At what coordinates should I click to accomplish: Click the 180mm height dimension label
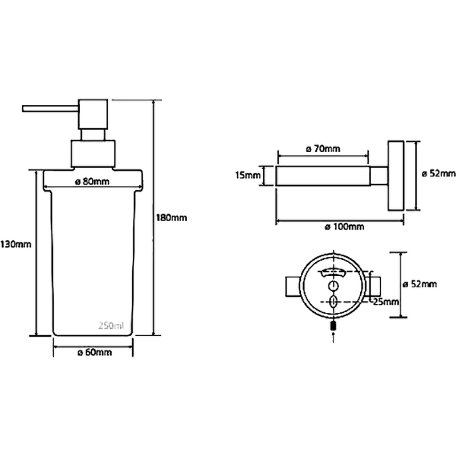pos(172,218)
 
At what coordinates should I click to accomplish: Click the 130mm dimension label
pos(16,244)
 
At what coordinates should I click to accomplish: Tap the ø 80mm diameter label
pos(92,181)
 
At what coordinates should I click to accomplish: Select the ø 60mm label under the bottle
pos(95,352)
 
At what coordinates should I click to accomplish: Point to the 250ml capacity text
pos(111,325)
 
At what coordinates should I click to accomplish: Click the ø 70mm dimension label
pos(323,149)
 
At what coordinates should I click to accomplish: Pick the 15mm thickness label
pos(248,175)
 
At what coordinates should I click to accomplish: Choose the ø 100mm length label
pos(345,226)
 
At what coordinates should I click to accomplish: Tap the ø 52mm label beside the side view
pos(438,174)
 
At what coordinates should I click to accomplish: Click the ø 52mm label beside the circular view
pos(420,284)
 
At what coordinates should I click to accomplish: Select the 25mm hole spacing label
pos(386,302)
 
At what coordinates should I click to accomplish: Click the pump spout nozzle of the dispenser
pos(50,108)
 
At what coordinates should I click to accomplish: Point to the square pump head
pos(93,115)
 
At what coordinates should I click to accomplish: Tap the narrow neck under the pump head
pos(93,135)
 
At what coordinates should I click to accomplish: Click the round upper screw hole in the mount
pos(333,286)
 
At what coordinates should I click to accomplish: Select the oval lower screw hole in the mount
pos(333,302)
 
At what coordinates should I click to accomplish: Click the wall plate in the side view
pos(396,176)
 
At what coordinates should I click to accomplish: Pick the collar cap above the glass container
pos(93,154)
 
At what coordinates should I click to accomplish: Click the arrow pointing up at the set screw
pos(333,337)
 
